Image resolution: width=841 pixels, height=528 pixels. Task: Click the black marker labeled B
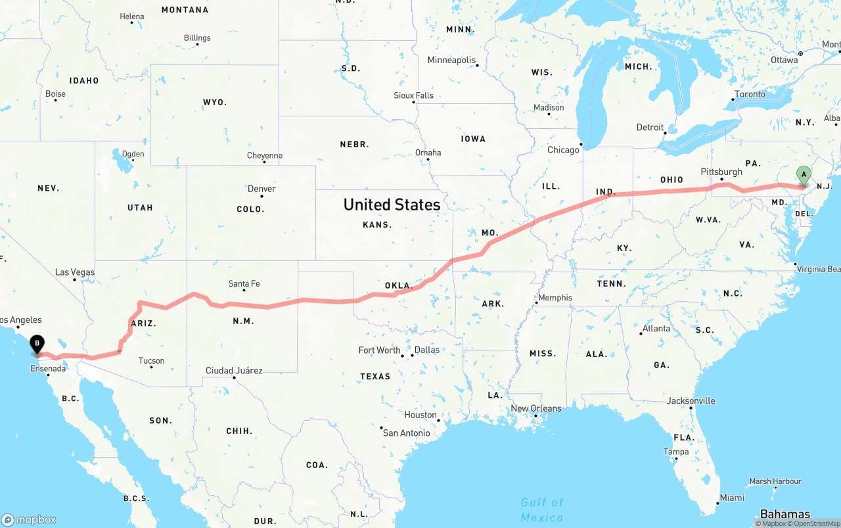[37, 343]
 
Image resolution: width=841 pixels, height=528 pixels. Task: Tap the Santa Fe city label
[244, 283]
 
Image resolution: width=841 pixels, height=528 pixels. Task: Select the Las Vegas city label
[75, 272]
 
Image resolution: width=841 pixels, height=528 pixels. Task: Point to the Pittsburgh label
[721, 172]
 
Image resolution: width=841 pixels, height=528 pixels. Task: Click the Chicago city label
[564, 150]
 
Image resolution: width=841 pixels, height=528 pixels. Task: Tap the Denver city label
[261, 189]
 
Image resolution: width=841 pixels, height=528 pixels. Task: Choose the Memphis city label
[555, 298]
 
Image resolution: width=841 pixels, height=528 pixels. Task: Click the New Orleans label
[536, 408]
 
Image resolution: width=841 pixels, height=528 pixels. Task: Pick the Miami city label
[732, 498]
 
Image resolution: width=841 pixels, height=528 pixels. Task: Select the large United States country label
[392, 204]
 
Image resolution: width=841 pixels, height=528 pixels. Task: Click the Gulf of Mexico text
[542, 510]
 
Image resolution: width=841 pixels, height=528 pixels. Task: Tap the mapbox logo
[29, 519]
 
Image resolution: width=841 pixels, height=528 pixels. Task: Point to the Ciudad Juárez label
[234, 371]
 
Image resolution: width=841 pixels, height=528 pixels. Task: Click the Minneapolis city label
[451, 60]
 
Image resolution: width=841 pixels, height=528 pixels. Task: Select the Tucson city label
[151, 361]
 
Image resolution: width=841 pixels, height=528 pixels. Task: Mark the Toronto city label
[750, 94]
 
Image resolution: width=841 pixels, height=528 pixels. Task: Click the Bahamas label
[784, 514]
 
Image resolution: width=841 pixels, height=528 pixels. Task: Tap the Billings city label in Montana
[197, 38]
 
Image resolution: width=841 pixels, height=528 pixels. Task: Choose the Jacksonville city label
[691, 400]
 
